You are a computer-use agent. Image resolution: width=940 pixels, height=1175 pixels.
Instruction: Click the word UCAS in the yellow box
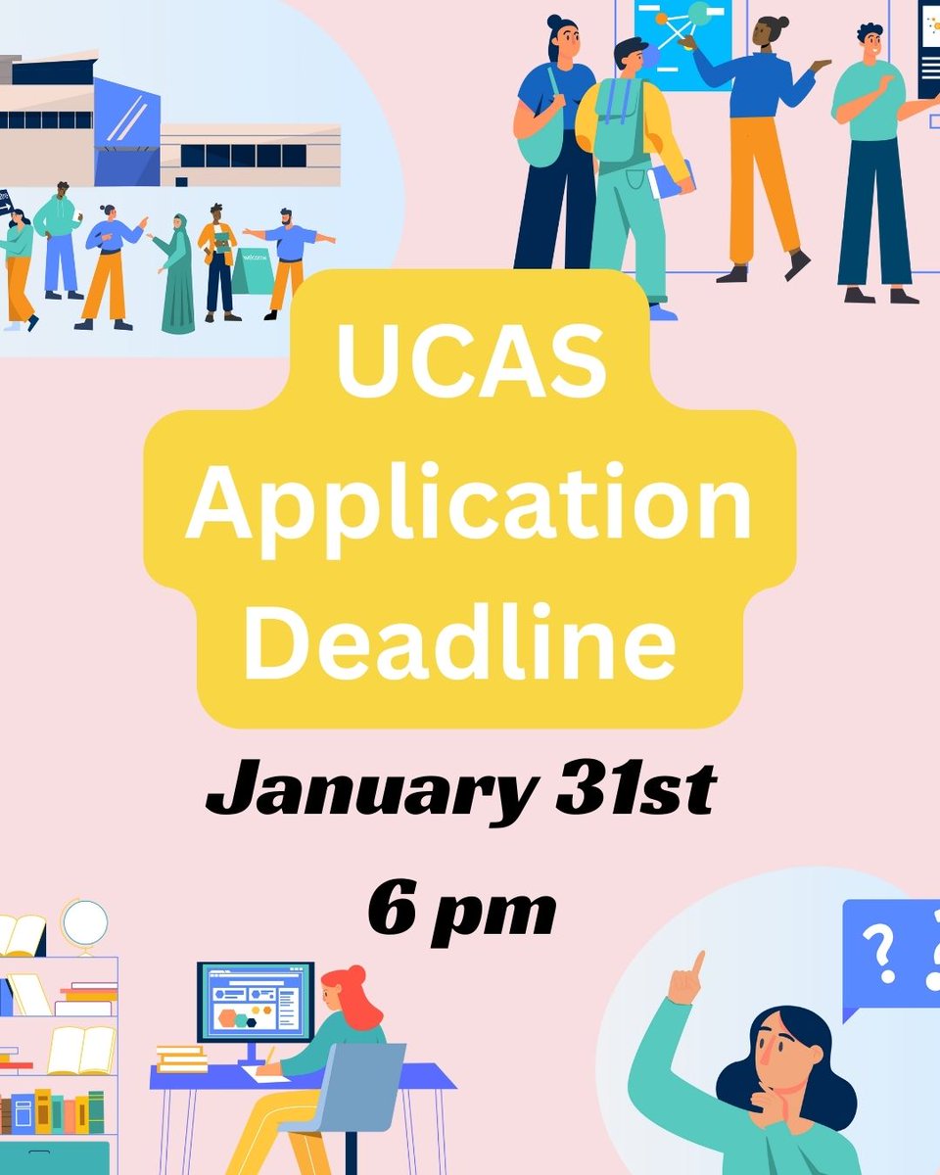470,360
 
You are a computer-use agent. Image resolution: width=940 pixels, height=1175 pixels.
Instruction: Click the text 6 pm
461,911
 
